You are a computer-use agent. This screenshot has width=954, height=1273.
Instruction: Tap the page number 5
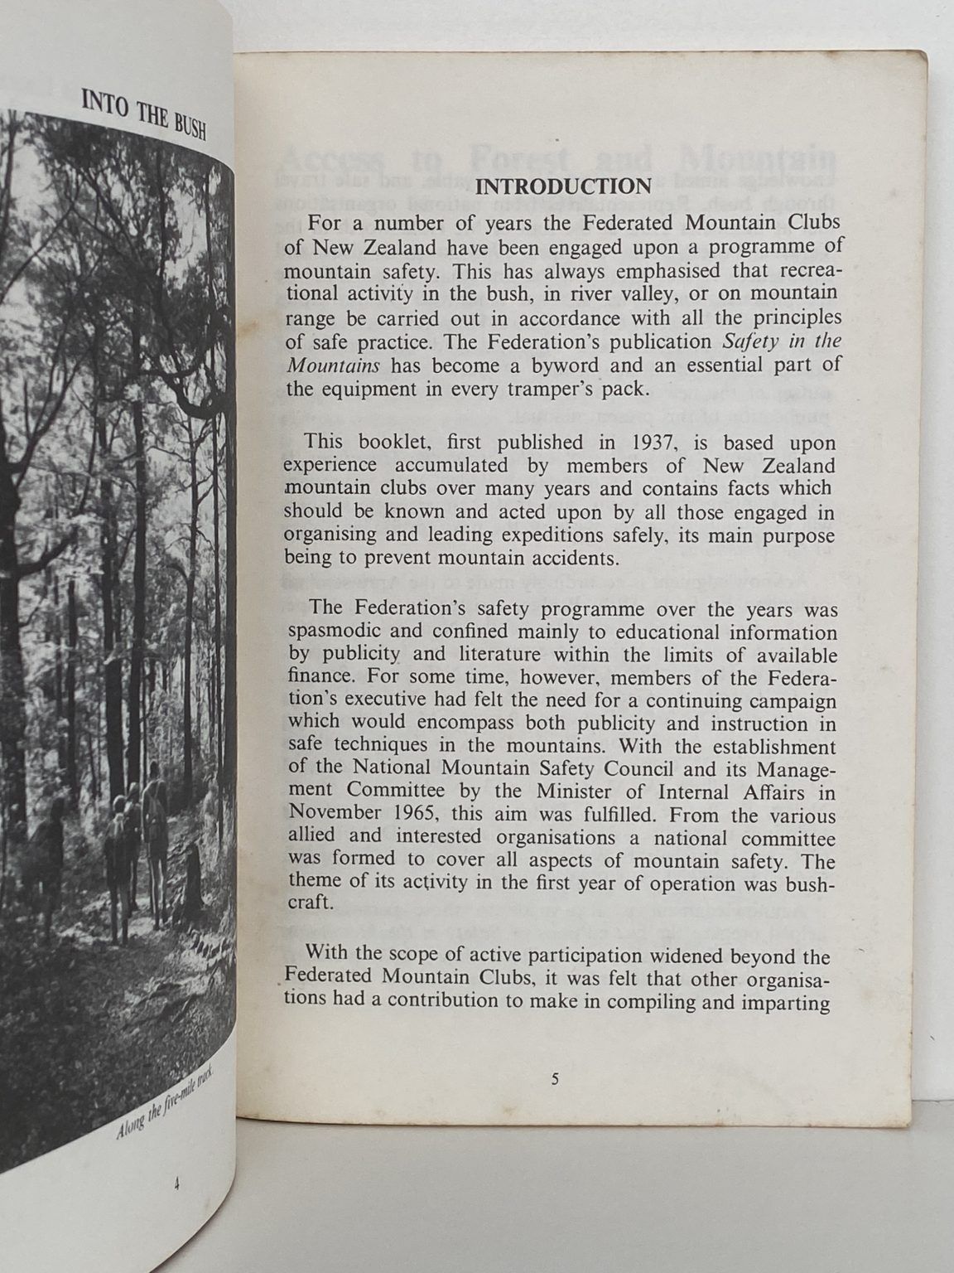[x=555, y=1080]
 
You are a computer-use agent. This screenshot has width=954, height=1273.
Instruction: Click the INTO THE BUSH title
[x=145, y=115]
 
